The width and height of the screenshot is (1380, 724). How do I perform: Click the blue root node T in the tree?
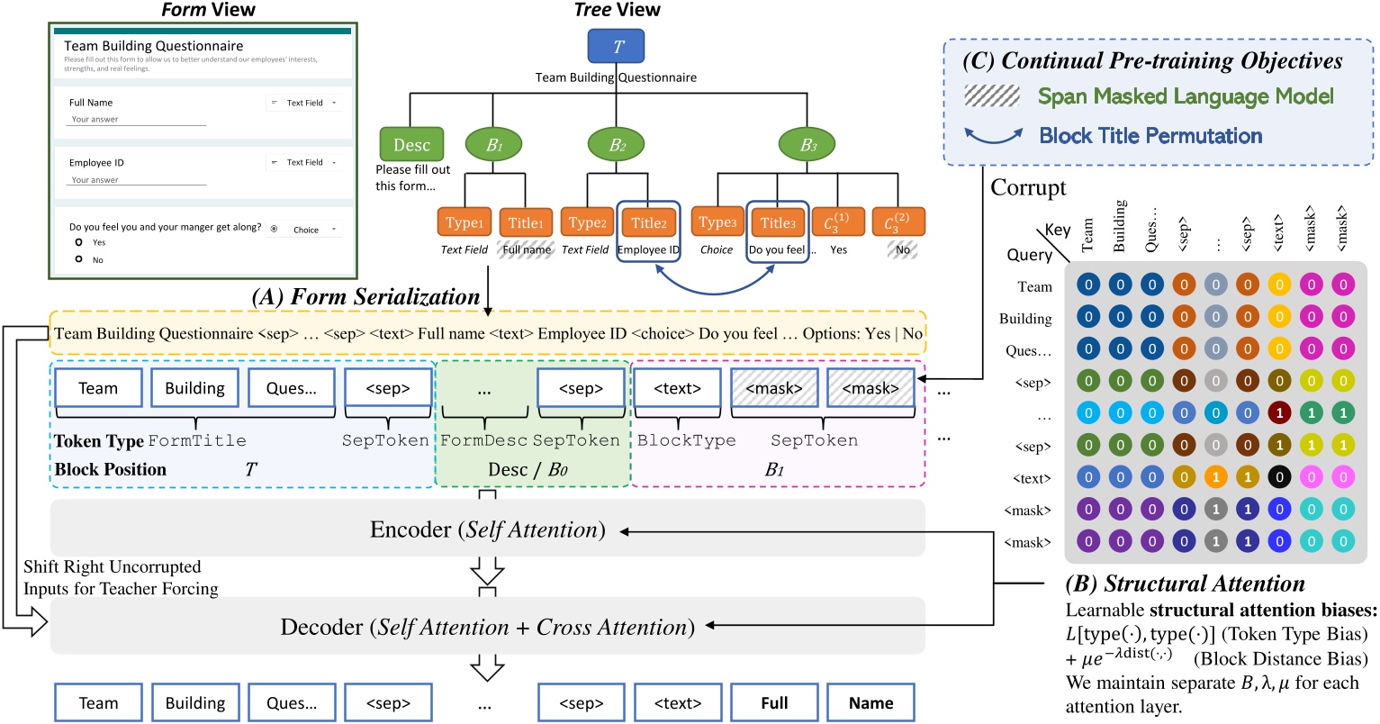(x=617, y=46)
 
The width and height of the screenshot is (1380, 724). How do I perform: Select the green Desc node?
(x=411, y=144)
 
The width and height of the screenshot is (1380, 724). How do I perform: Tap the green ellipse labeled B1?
(x=493, y=144)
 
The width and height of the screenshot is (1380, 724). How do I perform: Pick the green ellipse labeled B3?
(x=807, y=144)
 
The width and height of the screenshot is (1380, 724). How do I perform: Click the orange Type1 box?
(x=465, y=222)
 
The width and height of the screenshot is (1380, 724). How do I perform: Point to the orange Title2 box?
(x=648, y=222)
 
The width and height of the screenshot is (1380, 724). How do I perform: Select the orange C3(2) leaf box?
(x=897, y=222)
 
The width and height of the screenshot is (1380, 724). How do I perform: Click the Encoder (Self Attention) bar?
(x=487, y=530)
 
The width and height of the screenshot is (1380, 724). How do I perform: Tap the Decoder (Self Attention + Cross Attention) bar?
(x=487, y=627)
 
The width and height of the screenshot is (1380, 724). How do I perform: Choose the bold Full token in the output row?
(x=773, y=703)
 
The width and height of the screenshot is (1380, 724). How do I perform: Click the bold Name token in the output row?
(x=870, y=703)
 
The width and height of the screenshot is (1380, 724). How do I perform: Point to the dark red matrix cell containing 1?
(x=1278, y=413)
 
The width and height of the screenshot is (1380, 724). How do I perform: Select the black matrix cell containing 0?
(x=1278, y=478)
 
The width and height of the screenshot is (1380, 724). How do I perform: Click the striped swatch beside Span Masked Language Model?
(x=991, y=96)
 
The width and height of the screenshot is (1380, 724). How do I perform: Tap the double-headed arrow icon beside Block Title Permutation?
(x=993, y=136)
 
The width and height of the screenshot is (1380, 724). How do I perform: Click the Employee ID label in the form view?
(x=96, y=163)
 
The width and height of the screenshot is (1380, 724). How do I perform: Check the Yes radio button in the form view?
(x=79, y=242)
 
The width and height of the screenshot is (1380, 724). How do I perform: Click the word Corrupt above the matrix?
(x=1028, y=188)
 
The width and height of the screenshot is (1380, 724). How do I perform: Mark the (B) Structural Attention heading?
(x=1185, y=584)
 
